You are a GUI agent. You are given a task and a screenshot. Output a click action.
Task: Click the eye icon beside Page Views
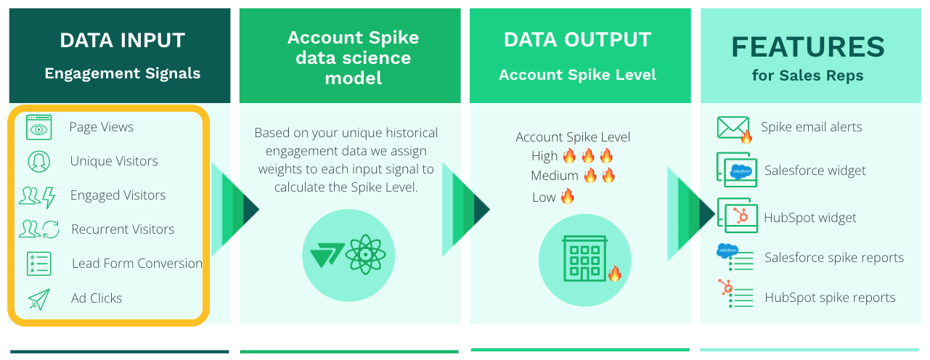(x=38, y=128)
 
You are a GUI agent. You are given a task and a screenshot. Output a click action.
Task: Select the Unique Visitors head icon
(x=38, y=162)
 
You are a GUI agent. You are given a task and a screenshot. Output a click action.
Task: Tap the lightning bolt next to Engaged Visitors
(x=49, y=197)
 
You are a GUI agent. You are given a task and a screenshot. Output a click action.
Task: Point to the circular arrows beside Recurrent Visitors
(x=51, y=229)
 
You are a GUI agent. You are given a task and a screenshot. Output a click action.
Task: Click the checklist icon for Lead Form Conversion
(x=39, y=263)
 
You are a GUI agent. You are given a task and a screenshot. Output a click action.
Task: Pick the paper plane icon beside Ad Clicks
(x=39, y=299)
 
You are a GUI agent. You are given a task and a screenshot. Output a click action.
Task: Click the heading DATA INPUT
(x=123, y=41)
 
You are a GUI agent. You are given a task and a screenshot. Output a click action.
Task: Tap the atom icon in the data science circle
(x=365, y=255)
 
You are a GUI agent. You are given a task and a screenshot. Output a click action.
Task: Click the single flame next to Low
(x=568, y=196)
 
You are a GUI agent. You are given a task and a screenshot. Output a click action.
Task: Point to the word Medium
(x=554, y=176)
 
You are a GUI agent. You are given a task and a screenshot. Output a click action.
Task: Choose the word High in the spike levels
(x=544, y=156)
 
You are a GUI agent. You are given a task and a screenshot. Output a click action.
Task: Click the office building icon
(x=584, y=258)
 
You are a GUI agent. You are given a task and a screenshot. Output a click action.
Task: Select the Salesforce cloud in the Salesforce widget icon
(x=741, y=171)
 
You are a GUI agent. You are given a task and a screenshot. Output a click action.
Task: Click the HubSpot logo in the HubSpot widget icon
(x=741, y=216)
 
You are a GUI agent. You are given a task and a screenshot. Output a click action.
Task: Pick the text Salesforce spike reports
(x=834, y=258)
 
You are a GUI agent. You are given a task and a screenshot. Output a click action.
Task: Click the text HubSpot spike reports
(x=830, y=298)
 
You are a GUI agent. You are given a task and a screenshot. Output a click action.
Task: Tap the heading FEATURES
(x=808, y=47)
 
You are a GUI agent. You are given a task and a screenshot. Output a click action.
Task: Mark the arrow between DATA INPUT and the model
(x=235, y=209)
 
